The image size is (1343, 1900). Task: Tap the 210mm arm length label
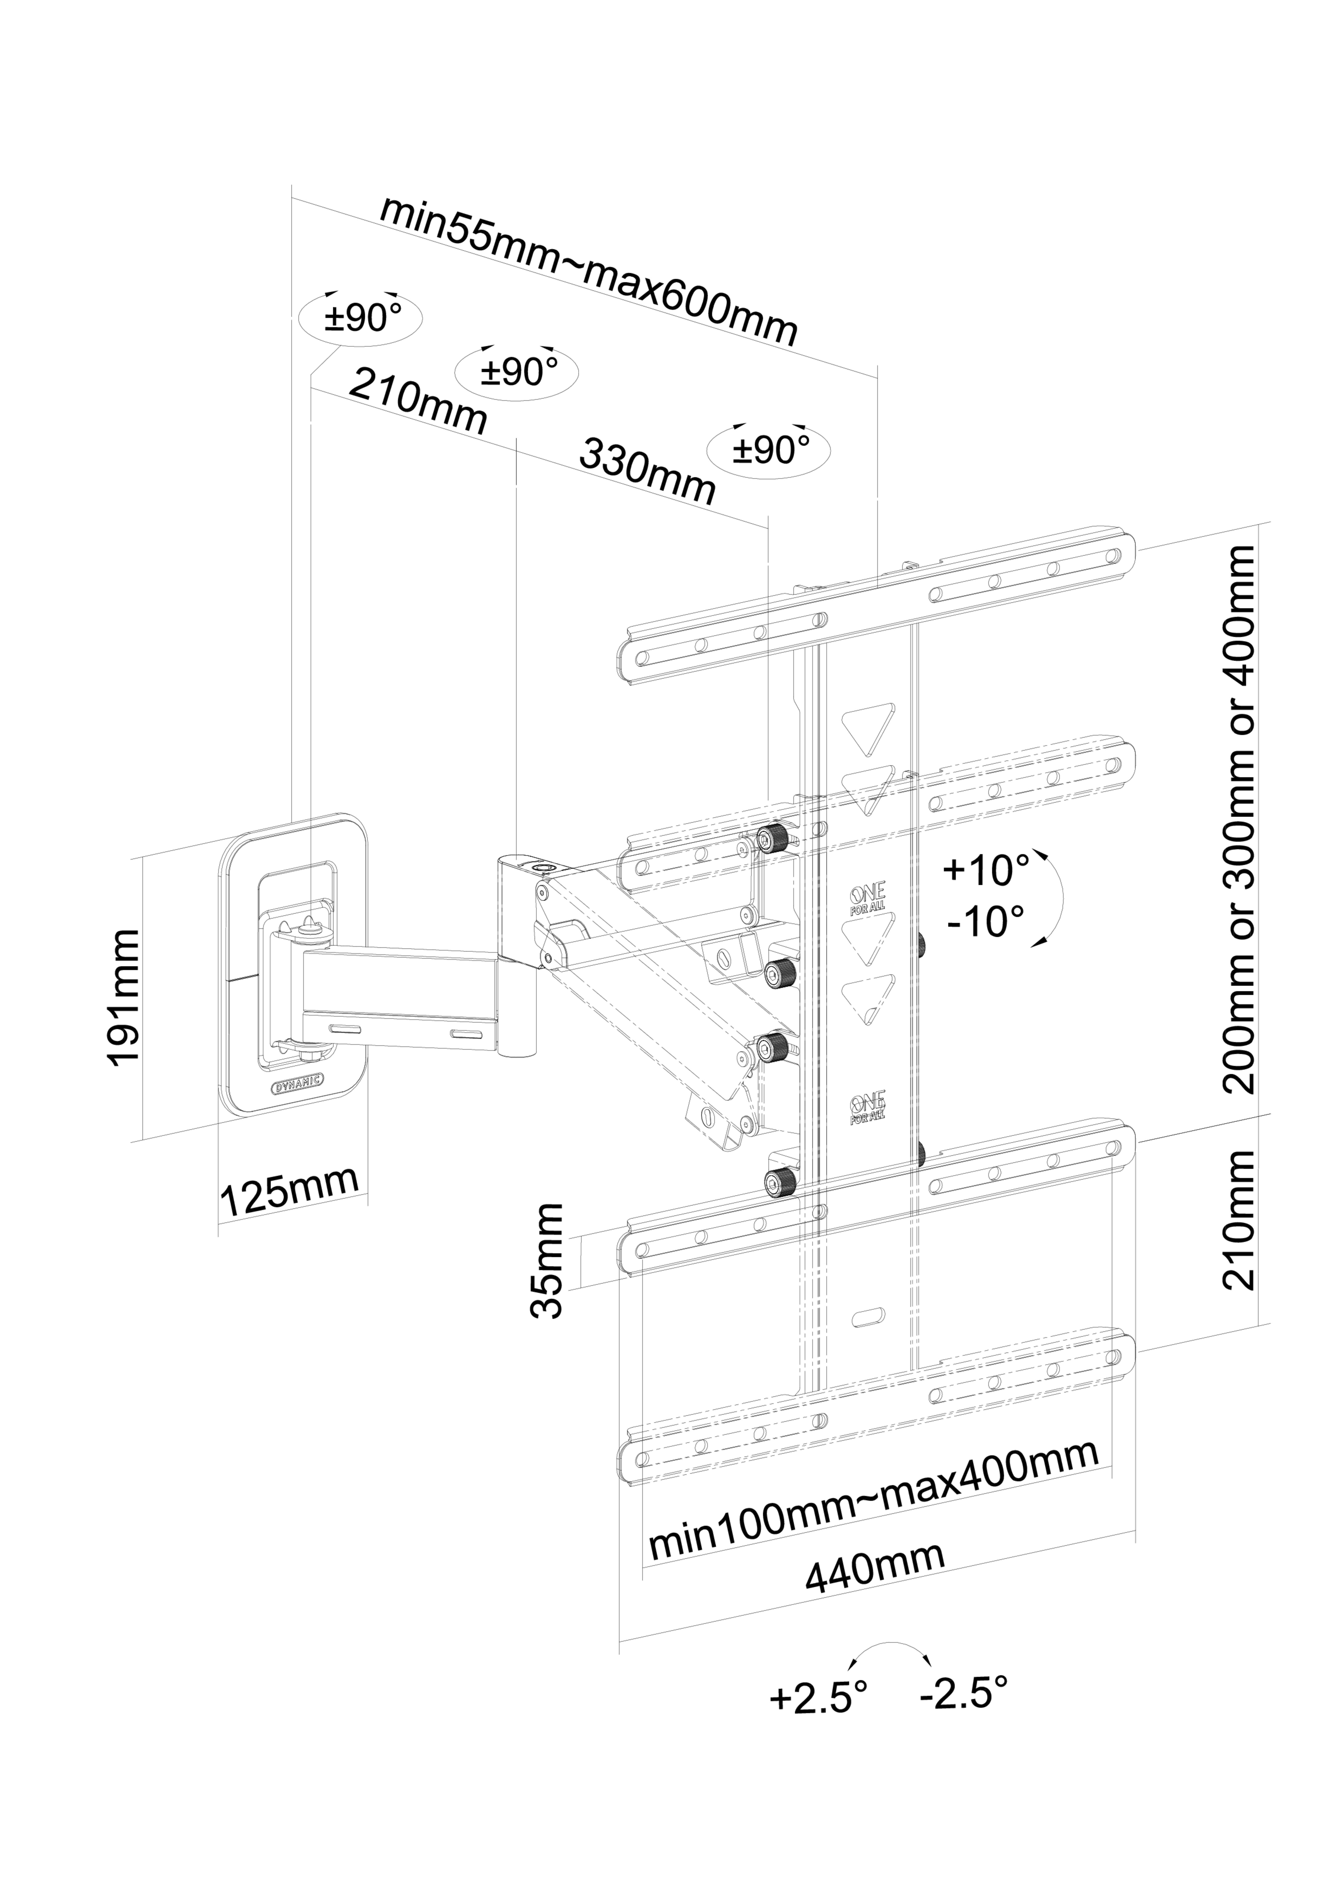pos(418,401)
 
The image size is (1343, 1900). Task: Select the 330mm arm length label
pos(647,471)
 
